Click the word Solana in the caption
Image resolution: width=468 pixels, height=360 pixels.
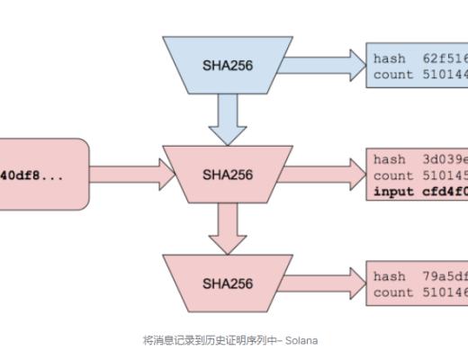tap(302, 340)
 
